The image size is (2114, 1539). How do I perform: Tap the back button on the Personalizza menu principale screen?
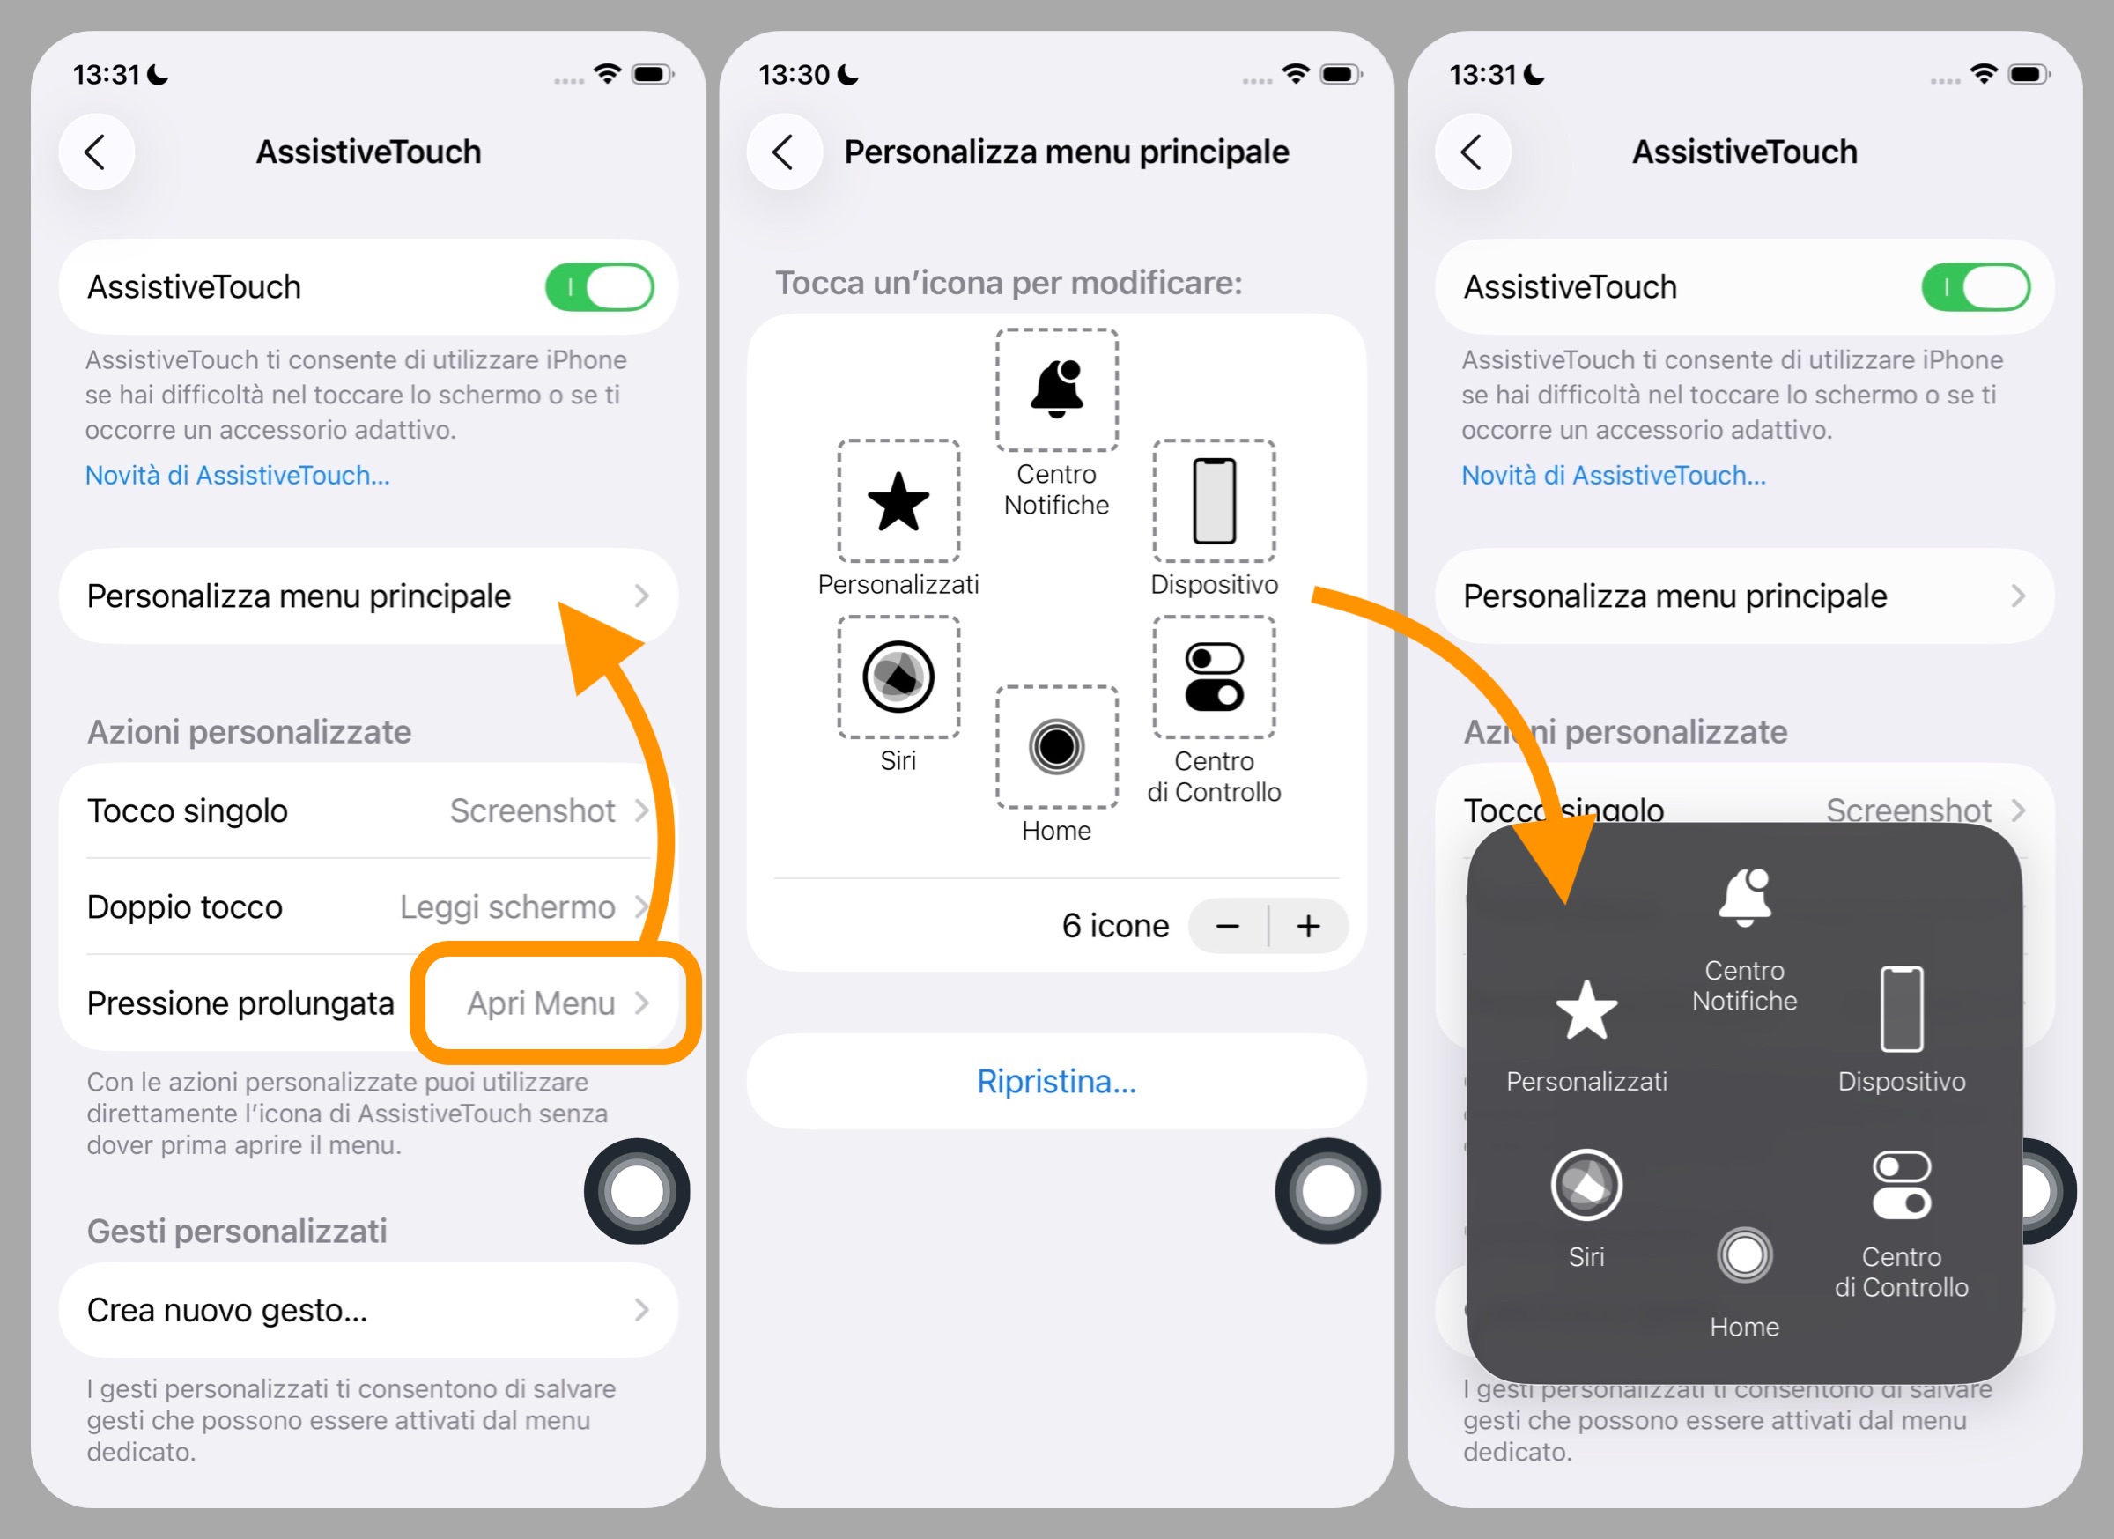pos(784,152)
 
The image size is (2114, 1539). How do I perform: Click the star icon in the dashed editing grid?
pos(898,501)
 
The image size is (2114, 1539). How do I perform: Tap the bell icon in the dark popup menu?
pos(1744,897)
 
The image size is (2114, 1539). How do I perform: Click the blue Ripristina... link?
pos(1056,1081)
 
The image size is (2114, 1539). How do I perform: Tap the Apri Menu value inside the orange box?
pos(541,1003)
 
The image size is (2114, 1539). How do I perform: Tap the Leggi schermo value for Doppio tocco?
pos(507,906)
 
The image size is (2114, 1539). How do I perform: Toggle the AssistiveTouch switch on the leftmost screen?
pos(599,287)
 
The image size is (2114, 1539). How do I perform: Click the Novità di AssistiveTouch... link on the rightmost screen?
pos(1613,476)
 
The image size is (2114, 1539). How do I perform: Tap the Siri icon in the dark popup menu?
pos(1585,1185)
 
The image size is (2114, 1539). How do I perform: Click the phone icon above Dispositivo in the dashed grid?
pos(1214,500)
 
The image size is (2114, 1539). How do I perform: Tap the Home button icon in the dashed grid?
pos(1056,747)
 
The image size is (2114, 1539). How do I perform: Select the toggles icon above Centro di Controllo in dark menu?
pos(1902,1185)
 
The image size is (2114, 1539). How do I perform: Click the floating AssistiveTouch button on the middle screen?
pos(1327,1190)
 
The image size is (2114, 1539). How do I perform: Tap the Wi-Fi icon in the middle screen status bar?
pos(1296,74)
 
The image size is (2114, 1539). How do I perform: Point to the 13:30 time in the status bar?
pos(795,75)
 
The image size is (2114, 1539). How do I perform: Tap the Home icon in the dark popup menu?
pos(1744,1254)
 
